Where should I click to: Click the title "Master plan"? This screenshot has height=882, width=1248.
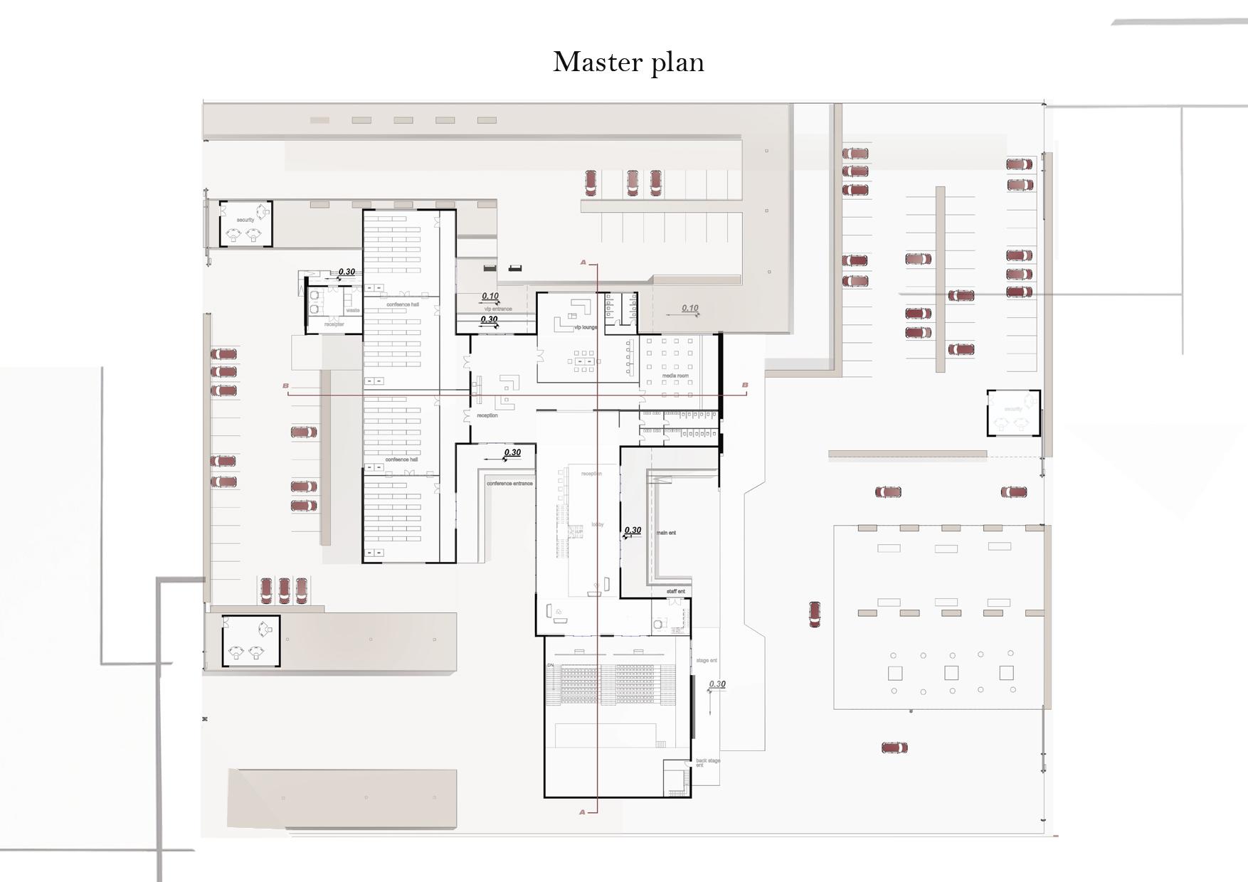click(628, 63)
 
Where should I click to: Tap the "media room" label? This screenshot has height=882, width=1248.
click(675, 376)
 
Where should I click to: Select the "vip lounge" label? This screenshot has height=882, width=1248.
click(586, 327)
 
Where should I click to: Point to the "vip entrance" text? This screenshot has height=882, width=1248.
click(498, 309)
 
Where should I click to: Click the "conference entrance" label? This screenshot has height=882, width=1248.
click(509, 484)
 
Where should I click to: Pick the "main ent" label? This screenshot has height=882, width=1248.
click(666, 533)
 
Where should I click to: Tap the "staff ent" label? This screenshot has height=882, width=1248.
click(676, 592)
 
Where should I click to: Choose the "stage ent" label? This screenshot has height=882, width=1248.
click(707, 661)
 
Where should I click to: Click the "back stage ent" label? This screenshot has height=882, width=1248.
click(707, 763)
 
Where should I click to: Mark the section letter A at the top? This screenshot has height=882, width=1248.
click(583, 262)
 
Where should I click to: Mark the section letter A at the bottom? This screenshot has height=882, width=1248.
click(583, 812)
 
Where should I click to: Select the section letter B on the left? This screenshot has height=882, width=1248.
click(286, 386)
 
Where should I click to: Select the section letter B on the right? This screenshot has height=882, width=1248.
click(745, 385)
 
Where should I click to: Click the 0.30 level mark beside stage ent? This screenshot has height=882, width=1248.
click(717, 684)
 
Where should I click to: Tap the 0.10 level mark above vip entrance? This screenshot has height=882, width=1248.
click(490, 296)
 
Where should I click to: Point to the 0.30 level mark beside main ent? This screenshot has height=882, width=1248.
click(633, 531)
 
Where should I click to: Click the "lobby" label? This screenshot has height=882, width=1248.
click(597, 525)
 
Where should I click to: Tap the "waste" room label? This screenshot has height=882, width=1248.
click(353, 310)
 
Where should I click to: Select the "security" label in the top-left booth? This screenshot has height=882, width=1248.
click(245, 220)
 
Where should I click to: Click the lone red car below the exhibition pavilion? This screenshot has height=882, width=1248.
click(894, 748)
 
